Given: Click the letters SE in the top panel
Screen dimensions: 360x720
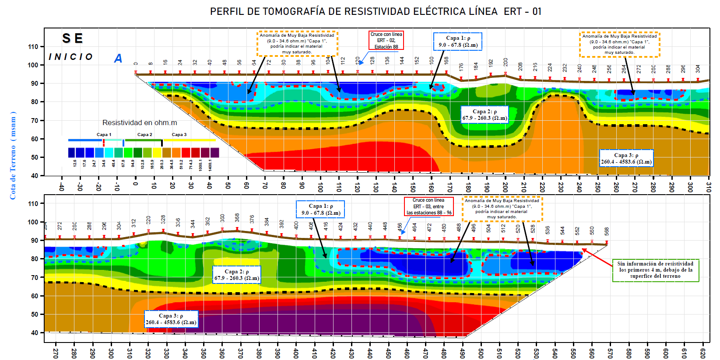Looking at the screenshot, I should (x=73, y=38).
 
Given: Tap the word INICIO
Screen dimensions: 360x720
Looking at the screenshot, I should (x=70, y=57).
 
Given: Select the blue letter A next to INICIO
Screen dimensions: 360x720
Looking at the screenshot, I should (x=118, y=58).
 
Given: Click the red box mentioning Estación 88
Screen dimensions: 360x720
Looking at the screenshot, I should (x=386, y=40).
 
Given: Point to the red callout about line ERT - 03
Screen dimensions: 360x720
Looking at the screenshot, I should (x=428, y=206).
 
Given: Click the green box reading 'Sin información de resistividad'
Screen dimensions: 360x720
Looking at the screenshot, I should (x=655, y=270).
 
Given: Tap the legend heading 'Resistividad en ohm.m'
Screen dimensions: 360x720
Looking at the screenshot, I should (x=140, y=123).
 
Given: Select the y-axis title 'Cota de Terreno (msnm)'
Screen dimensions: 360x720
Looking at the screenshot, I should (x=13, y=155).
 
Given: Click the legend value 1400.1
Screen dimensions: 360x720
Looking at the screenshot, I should (x=210, y=165).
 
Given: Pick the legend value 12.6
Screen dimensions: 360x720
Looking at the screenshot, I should (x=75, y=164).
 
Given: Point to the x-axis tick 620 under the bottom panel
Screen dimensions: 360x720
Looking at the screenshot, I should (x=703, y=353).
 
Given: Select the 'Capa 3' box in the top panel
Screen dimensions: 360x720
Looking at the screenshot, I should (x=626, y=158).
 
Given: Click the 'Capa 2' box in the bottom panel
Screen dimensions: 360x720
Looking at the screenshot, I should (x=237, y=275).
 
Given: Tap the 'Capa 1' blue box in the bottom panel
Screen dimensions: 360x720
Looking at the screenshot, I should (x=320, y=210).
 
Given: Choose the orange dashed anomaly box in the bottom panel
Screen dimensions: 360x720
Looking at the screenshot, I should (x=502, y=209).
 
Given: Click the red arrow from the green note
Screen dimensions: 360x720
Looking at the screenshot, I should (x=597, y=258).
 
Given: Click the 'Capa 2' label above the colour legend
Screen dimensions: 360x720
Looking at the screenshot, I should (x=144, y=135).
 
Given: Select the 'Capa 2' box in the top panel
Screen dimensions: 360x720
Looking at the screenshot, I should (x=485, y=115).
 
